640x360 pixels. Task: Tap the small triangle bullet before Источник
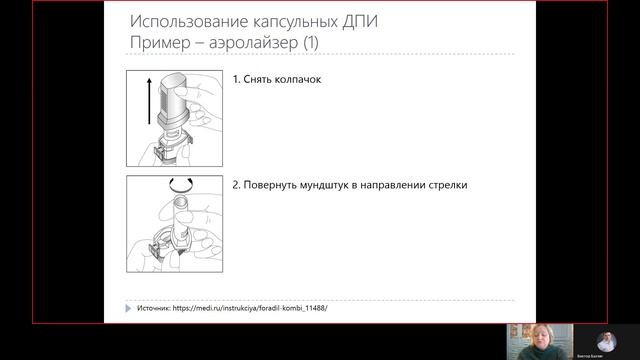[129, 308]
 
